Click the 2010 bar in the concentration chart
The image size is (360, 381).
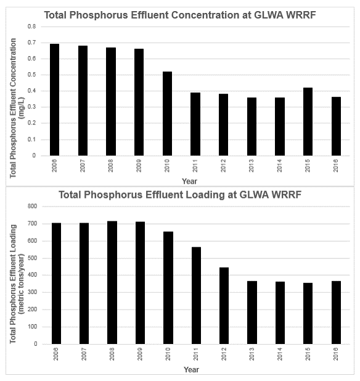[x=168, y=113]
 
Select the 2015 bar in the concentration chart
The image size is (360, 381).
[x=308, y=121]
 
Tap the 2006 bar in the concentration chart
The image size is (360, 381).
[x=54, y=100]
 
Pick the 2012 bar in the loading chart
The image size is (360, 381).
[x=224, y=306]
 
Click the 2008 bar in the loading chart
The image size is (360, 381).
[x=112, y=282]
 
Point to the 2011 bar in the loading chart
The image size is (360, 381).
[x=196, y=295]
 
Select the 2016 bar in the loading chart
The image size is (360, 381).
[x=336, y=313]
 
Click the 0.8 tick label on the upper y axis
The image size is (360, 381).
[x=32, y=27]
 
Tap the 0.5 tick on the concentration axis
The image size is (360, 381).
[x=32, y=75]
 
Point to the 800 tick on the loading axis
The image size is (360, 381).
[x=32, y=207]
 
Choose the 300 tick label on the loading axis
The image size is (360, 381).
[x=32, y=292]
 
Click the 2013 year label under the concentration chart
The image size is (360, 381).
[x=252, y=166]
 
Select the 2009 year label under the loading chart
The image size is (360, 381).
[x=140, y=354]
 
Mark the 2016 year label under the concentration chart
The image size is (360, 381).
[x=336, y=166]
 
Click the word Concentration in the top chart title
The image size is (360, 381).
[x=205, y=15]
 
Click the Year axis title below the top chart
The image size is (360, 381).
[x=189, y=181]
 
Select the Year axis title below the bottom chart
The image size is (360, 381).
[x=192, y=369]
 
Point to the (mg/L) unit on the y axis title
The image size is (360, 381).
[x=22, y=108]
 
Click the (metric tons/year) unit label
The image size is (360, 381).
[x=22, y=284]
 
